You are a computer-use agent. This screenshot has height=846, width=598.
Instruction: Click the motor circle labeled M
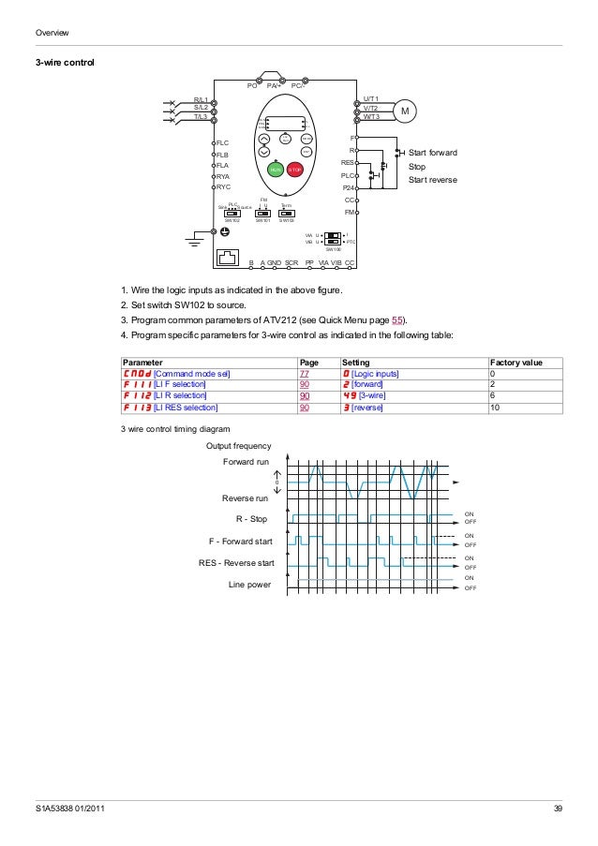click(406, 111)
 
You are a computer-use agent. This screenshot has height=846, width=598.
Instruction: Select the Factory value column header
click(516, 362)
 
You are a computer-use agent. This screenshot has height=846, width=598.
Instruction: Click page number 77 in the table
click(304, 374)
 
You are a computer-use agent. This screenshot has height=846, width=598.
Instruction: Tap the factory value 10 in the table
click(495, 408)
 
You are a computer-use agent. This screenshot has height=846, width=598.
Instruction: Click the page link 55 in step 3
click(396, 320)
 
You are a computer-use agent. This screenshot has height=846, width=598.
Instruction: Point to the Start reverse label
click(433, 179)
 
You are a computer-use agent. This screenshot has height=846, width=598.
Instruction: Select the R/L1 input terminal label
click(201, 98)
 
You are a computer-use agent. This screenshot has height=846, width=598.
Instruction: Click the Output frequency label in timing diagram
click(239, 446)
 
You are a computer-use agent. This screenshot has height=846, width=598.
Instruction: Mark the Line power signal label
click(250, 585)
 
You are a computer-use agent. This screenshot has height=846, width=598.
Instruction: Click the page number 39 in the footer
click(559, 809)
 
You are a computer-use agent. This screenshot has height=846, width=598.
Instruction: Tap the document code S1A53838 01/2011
click(64, 809)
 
